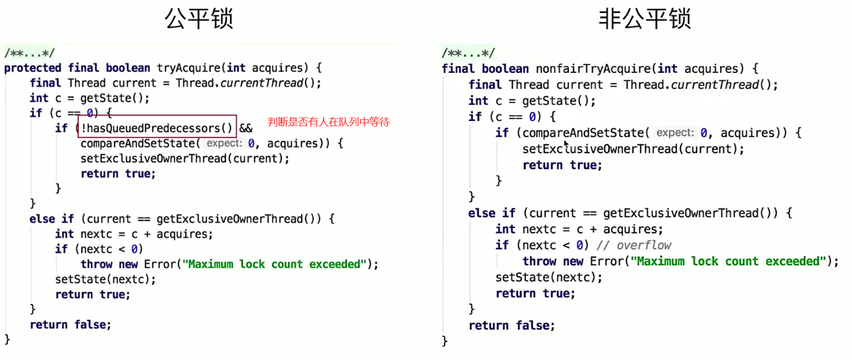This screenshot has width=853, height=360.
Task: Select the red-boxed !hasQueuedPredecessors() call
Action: (155, 128)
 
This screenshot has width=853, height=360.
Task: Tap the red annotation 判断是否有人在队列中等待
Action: (328, 122)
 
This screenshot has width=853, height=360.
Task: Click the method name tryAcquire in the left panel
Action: (188, 68)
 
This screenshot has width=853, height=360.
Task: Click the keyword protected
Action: (33, 68)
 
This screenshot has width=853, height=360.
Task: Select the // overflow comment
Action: (643, 245)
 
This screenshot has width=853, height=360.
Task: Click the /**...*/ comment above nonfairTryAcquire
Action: (468, 54)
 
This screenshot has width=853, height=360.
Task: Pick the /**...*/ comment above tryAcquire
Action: (30, 54)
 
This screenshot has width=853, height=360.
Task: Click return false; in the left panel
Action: (71, 325)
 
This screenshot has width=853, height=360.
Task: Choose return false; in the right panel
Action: (512, 326)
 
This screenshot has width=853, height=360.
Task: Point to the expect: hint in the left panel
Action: (224, 144)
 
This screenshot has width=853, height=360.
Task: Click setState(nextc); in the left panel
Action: (105, 279)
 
